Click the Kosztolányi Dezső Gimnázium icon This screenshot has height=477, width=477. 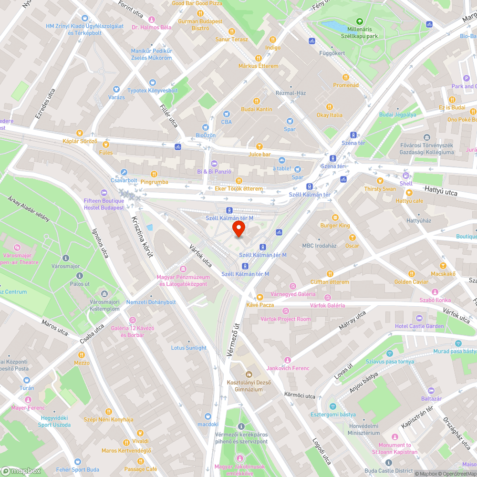248,374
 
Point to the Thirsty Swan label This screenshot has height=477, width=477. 380,188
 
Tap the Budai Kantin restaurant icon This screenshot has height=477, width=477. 257,101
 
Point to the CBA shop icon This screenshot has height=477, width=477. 227,114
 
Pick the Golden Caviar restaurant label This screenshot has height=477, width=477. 411,282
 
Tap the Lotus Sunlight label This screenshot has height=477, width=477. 189,348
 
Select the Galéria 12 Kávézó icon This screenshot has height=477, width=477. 132,320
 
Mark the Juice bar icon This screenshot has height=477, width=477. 259,146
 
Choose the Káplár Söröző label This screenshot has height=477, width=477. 80,141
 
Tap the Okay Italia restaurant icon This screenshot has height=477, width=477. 329,107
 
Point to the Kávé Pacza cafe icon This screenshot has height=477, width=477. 260,297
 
